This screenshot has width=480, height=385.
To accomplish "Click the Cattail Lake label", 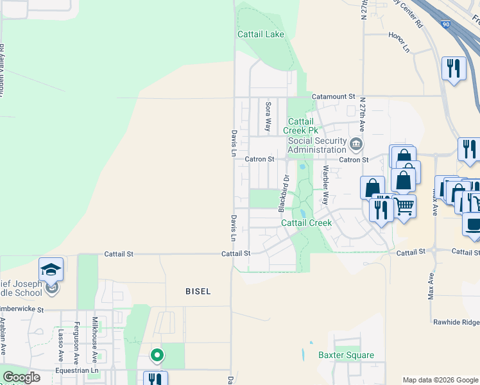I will (x=261, y=34).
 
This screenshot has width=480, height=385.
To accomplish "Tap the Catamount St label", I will (x=333, y=96).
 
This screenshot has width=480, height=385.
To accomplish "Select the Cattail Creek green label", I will (x=306, y=223).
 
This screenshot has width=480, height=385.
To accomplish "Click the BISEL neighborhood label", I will (x=198, y=291).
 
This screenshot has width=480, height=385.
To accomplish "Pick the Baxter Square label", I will (x=346, y=355).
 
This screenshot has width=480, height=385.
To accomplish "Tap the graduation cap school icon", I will (x=51, y=269).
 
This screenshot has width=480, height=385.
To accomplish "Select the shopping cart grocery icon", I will (x=404, y=207).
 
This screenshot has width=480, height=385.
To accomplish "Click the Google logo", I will (x=22, y=377).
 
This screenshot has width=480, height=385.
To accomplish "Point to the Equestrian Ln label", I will (x=76, y=370).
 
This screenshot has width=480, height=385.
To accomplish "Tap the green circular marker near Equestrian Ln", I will (x=157, y=354).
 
